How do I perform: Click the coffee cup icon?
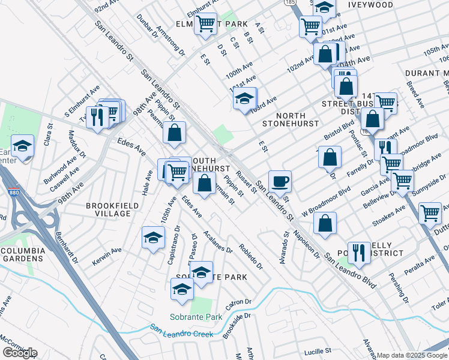pyautogui.click(x=280, y=181)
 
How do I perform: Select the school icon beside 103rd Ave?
pyautogui.click(x=244, y=99)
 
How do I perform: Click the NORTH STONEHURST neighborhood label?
pyautogui.click(x=284, y=119)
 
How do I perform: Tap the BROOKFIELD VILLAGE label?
pyautogui.click(x=108, y=209)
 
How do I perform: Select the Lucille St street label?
pyautogui.click(x=318, y=350)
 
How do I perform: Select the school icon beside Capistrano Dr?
pyautogui.click(x=153, y=238)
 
